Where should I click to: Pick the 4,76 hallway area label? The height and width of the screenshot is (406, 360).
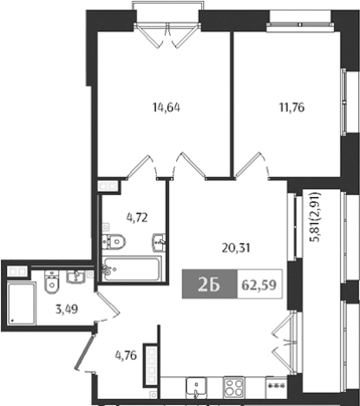128,353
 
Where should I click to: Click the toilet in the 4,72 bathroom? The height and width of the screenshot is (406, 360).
114,242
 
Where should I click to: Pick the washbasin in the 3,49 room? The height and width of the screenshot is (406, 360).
75,277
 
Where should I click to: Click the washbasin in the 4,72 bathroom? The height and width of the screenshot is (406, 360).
159,242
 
